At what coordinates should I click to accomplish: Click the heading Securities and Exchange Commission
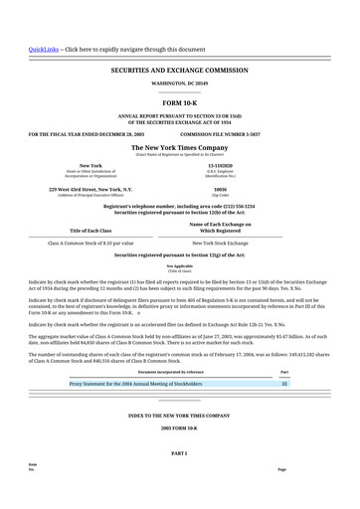(x=180, y=71)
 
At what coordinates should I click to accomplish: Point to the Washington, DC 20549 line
(x=180, y=84)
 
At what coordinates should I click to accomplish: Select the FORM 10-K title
(x=180, y=102)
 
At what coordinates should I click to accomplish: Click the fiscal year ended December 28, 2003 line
(x=87, y=132)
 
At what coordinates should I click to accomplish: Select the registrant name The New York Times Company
(x=180, y=147)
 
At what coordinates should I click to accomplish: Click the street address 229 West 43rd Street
(x=90, y=188)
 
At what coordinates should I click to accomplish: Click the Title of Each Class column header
(x=90, y=230)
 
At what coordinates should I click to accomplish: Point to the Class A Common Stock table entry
(x=90, y=243)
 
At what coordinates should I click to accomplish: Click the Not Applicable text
(x=180, y=265)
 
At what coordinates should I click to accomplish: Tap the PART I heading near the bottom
(x=180, y=452)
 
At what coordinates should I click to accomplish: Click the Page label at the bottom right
(x=281, y=469)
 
